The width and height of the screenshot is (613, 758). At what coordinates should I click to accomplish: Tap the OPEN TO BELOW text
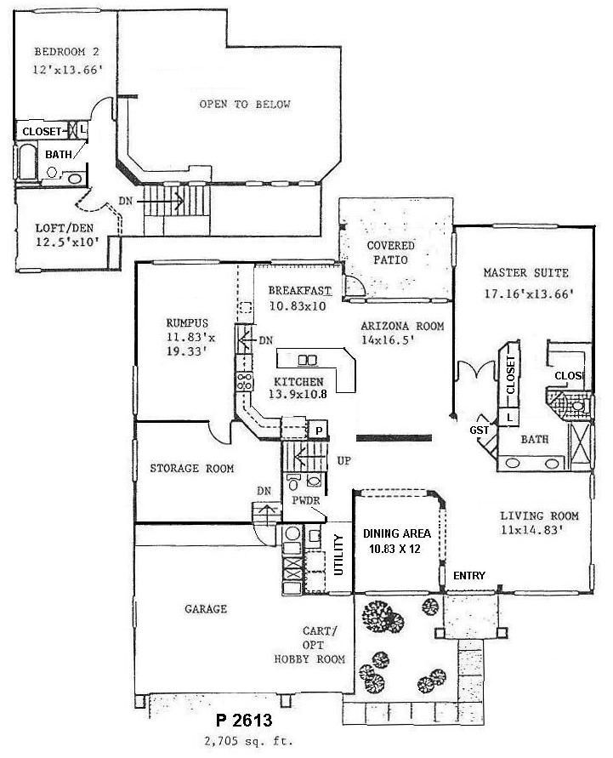click(x=245, y=105)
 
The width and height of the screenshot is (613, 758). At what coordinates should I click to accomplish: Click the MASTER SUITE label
click(x=525, y=273)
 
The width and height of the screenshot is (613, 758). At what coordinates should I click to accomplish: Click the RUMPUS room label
click(x=188, y=322)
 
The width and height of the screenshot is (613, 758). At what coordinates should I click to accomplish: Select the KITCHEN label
click(x=299, y=381)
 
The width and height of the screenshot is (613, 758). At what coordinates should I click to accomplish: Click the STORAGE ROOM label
click(x=192, y=468)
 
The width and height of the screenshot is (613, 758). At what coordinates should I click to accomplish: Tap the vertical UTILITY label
click(x=339, y=554)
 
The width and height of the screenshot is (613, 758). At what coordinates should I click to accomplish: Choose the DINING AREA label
click(x=397, y=533)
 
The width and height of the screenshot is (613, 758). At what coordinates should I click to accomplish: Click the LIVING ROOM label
click(x=539, y=516)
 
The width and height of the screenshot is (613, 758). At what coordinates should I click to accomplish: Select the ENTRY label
click(x=468, y=576)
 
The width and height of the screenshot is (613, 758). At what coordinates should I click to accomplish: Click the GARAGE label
click(x=206, y=609)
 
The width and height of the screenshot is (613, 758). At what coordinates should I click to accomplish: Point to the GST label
click(x=480, y=430)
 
